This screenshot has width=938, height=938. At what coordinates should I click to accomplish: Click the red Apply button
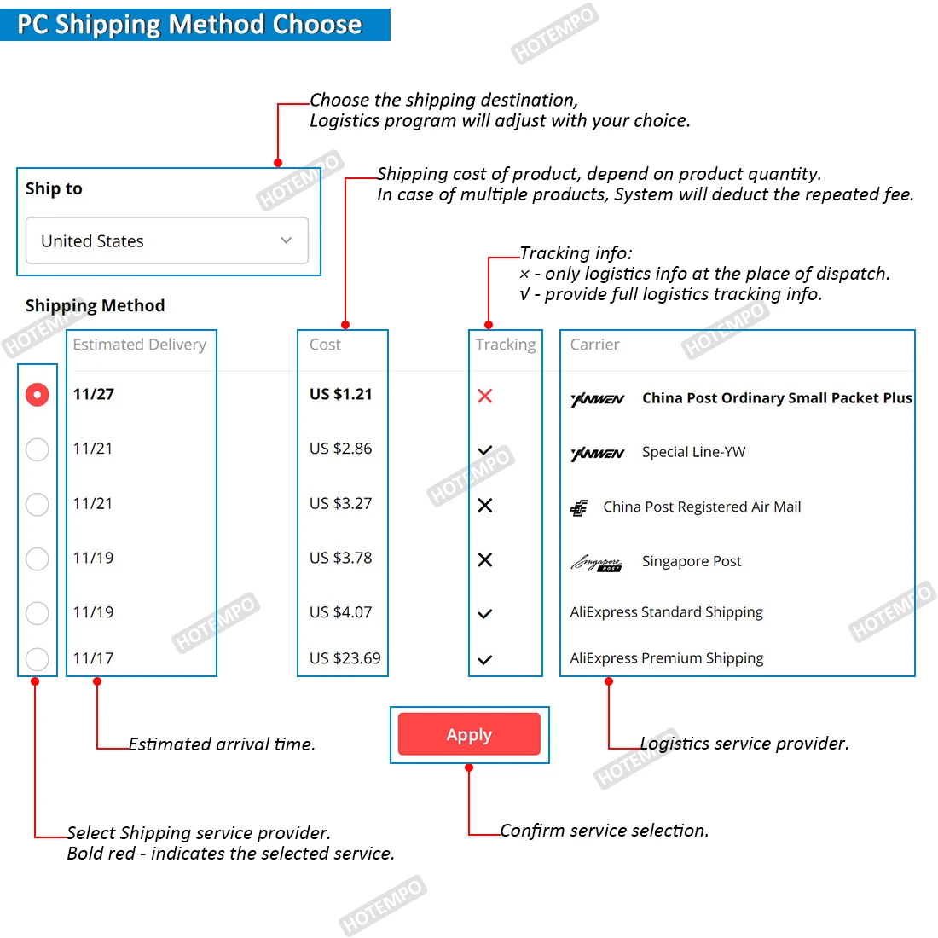(x=469, y=734)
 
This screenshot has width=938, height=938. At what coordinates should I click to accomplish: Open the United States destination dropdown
(x=167, y=240)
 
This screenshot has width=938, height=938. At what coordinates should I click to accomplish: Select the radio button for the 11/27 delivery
(x=38, y=395)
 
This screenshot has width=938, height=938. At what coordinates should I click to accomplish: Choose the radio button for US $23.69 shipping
(x=38, y=658)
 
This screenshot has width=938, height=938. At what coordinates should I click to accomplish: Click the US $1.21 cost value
(x=341, y=394)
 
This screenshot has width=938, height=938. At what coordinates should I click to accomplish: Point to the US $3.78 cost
(x=341, y=558)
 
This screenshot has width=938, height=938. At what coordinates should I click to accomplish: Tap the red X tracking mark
(x=485, y=396)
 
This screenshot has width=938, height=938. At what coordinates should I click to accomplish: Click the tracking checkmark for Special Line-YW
(x=485, y=450)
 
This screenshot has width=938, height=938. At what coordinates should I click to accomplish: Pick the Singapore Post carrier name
(x=692, y=561)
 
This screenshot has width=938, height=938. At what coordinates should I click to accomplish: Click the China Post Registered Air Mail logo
(x=579, y=508)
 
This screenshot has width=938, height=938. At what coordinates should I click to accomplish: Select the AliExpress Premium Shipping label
(x=667, y=658)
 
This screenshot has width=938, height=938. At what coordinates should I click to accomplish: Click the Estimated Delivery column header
(x=140, y=345)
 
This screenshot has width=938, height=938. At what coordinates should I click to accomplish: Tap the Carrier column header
(x=594, y=345)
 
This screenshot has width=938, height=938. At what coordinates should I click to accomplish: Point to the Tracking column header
(x=506, y=345)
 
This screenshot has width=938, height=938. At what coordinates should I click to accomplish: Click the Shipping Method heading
(x=95, y=305)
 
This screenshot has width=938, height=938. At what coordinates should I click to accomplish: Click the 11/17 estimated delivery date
(x=93, y=658)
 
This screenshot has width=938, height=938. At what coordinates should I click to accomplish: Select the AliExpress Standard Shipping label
(x=667, y=612)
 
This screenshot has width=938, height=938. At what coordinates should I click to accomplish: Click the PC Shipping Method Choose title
(x=189, y=24)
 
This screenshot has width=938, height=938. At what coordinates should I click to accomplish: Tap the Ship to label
(x=54, y=188)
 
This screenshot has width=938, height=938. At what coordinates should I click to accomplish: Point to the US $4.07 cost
(x=341, y=612)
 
